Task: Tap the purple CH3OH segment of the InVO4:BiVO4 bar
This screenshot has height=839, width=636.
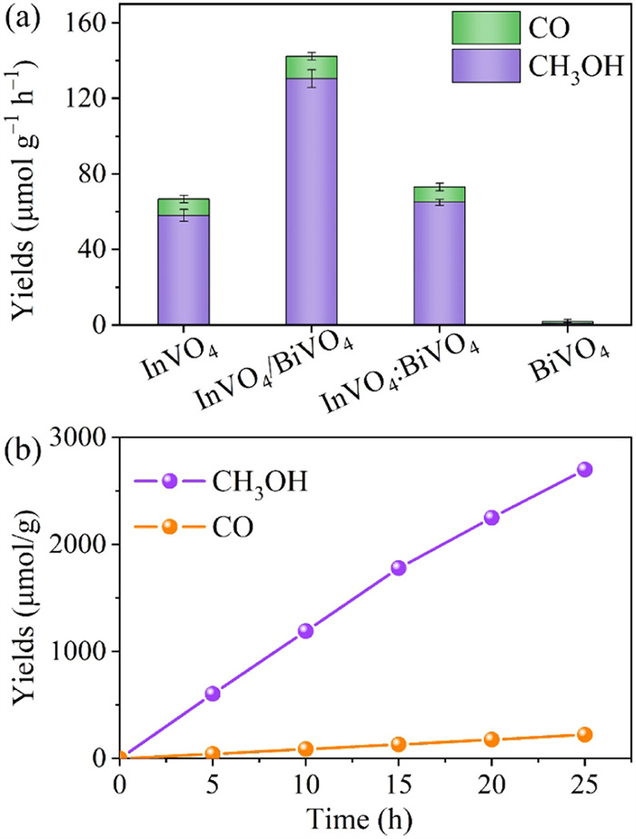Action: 439,263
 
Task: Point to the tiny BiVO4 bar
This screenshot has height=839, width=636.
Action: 568,322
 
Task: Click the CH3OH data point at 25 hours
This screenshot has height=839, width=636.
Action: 584,469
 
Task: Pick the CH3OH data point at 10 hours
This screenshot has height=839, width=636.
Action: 305,631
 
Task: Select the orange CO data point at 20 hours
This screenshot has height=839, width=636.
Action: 492,739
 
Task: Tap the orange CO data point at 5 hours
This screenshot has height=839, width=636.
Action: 213,754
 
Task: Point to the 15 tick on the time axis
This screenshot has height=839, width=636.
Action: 398,784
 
